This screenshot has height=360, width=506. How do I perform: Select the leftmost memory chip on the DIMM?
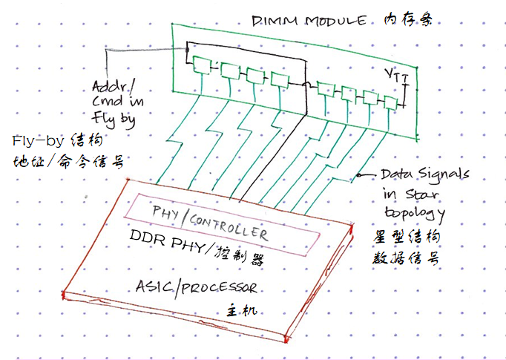click(x=201, y=65)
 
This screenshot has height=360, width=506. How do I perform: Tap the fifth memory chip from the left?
click(x=324, y=88)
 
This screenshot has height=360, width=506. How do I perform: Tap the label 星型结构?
click(x=404, y=236)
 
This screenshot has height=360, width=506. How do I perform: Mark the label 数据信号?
click(x=404, y=258)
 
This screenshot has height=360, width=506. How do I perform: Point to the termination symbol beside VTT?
click(x=405, y=94)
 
